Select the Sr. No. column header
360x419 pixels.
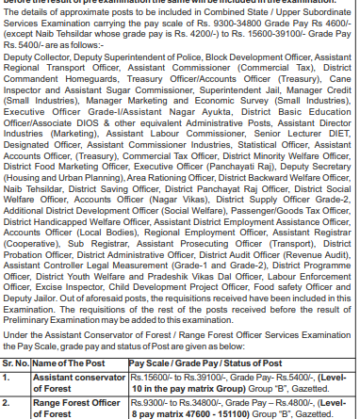click(16, 361)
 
